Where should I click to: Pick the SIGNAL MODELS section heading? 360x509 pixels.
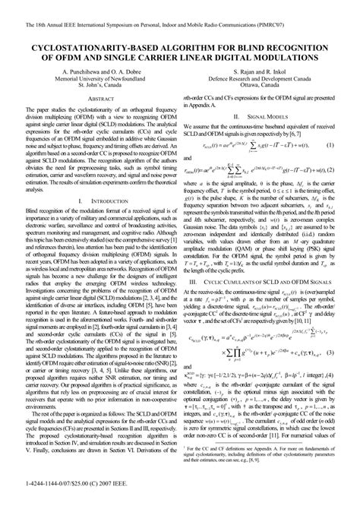click(x=267, y=138)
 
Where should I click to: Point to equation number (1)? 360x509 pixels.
click(x=330, y=188)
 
